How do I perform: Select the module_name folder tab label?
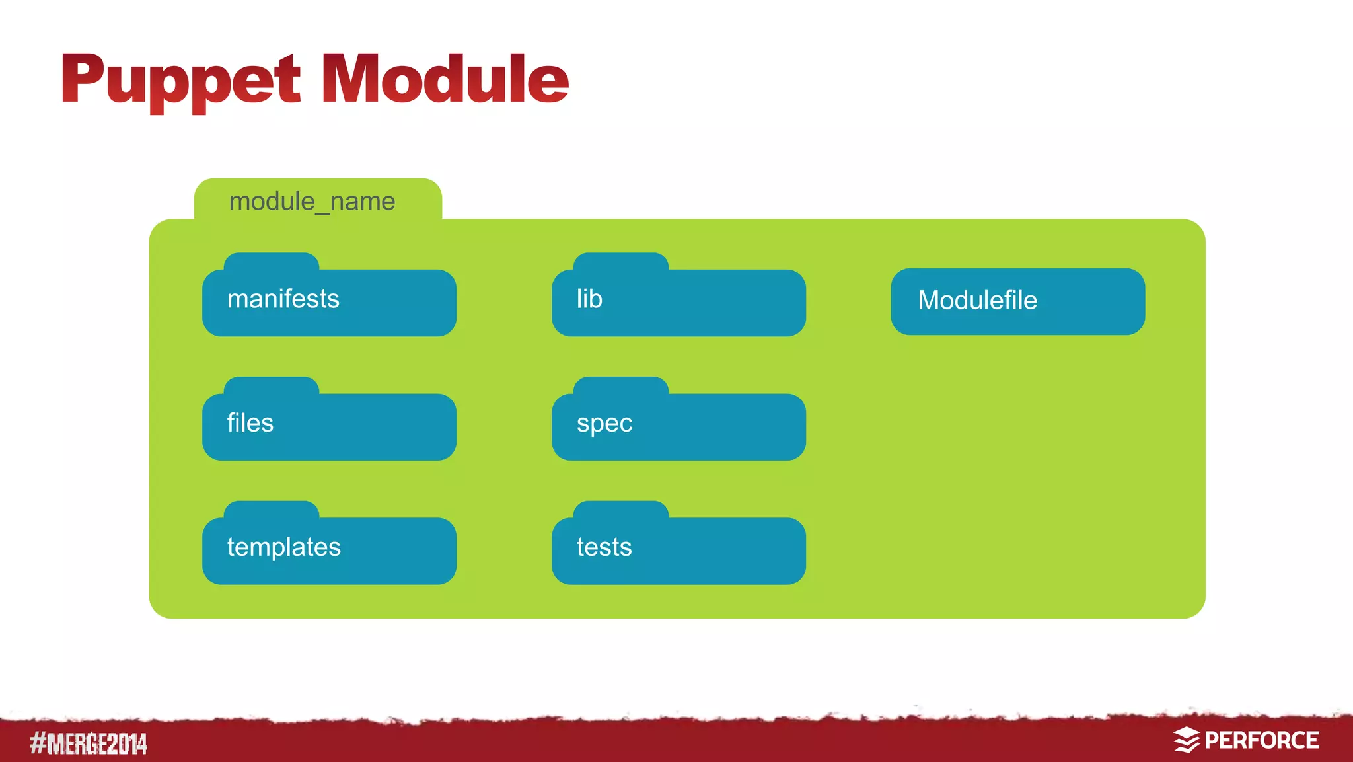pyautogui.click(x=312, y=201)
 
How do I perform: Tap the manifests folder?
pyautogui.click(x=329, y=303)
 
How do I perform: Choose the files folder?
pyautogui.click(x=329, y=427)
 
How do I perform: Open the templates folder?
pyautogui.click(x=329, y=551)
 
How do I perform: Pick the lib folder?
pyautogui.click(x=678, y=303)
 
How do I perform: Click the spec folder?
pyautogui.click(x=678, y=427)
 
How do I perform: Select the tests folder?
pyautogui.click(x=678, y=551)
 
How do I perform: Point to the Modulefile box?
pyautogui.click(x=1017, y=301)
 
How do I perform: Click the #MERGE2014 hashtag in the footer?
pyautogui.click(x=89, y=743)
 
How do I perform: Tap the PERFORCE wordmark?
pyautogui.click(x=1261, y=740)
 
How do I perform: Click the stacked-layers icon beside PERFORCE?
pyautogui.click(x=1187, y=740)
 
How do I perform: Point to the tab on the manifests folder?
pyautogui.click(x=272, y=262)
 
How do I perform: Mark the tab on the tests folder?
pyautogui.click(x=621, y=510)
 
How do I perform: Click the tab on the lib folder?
pyautogui.click(x=621, y=262)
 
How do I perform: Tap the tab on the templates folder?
pyautogui.click(x=272, y=510)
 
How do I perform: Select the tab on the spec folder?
pyautogui.click(x=621, y=385)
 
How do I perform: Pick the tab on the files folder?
pyautogui.click(x=272, y=385)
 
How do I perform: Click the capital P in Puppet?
pyautogui.click(x=83, y=79)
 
